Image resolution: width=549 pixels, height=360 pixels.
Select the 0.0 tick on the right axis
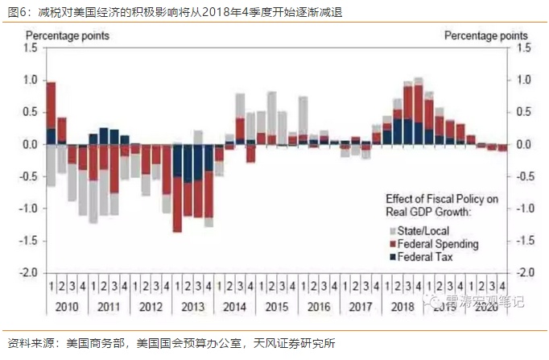pyautogui.click(x=522, y=145)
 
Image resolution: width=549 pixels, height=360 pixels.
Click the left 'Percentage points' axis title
pyautogui.click(x=68, y=35)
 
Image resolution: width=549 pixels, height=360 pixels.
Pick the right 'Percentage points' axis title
pyautogui.click(x=486, y=35)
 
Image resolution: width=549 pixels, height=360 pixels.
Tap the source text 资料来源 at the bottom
pyautogui.click(x=27, y=343)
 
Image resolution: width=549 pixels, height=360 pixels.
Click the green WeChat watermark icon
pyautogui.click(x=435, y=300)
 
